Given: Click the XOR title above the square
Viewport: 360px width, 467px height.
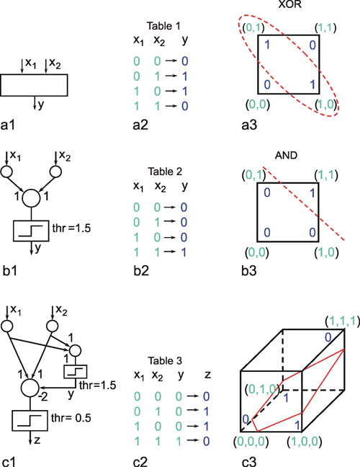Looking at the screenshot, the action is [289, 4].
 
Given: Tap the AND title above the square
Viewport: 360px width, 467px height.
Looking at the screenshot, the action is [286, 155].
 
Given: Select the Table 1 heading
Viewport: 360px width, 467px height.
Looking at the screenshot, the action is [163, 26].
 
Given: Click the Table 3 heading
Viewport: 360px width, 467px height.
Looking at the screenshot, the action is [165, 360].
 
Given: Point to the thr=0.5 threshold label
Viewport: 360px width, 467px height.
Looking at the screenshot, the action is [71, 418].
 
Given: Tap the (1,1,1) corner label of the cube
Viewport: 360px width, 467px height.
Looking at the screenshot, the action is [341, 321].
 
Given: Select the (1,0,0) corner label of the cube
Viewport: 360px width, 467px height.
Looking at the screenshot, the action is [305, 442].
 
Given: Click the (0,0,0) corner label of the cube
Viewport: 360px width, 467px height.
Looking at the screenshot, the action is [251, 442].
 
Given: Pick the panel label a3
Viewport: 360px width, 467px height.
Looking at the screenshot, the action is [249, 125].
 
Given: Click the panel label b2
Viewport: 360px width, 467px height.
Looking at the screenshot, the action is [141, 270].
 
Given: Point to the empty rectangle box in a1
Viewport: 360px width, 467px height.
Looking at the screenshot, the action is [34, 85].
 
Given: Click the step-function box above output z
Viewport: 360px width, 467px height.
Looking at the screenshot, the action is [30, 421].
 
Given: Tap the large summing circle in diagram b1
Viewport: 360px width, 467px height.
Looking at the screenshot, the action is [31, 198].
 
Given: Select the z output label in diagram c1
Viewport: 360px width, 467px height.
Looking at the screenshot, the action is [37, 440].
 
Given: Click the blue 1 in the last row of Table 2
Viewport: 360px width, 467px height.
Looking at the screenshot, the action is [184, 252].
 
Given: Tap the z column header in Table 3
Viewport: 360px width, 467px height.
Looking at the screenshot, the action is [207, 374].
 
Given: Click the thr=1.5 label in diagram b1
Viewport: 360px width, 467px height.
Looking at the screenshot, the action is [71, 228].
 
